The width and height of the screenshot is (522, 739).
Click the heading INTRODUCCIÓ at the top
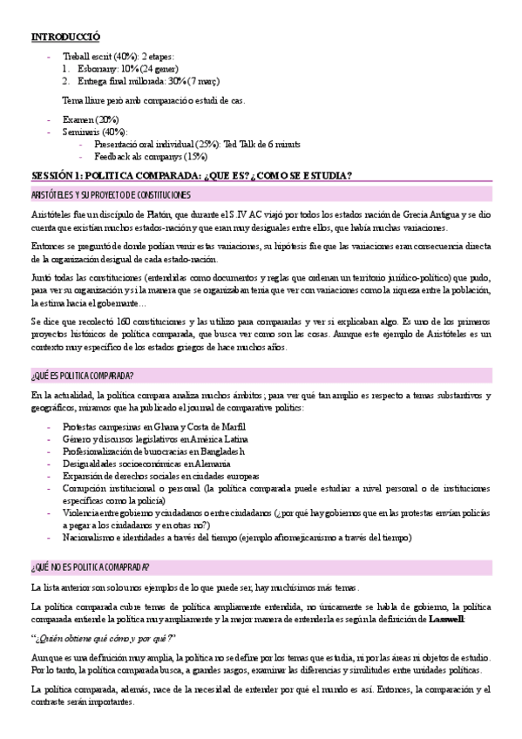point(65,37)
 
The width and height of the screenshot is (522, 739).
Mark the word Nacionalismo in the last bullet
point(90,538)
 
